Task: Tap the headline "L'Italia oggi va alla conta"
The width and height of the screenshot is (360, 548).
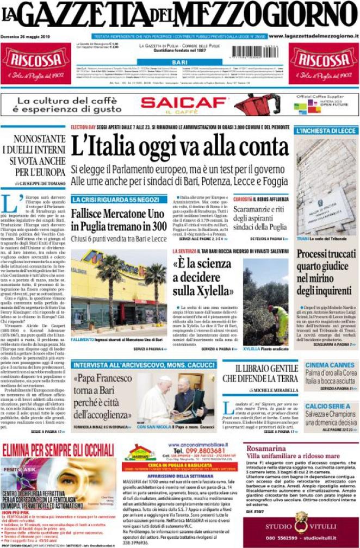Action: click(180, 147)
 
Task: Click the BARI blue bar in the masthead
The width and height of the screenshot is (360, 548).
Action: click(179, 63)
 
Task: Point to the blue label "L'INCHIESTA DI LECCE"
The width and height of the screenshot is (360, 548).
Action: click(326, 131)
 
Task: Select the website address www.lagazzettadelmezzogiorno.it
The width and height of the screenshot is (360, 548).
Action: click(314, 36)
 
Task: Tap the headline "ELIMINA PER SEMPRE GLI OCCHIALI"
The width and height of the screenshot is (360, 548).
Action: click(59, 450)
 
